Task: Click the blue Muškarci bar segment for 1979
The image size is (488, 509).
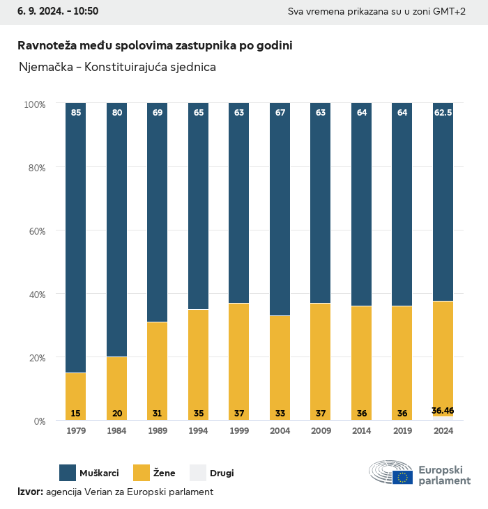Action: tap(76, 237)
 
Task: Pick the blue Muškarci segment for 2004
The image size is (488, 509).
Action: tap(280, 209)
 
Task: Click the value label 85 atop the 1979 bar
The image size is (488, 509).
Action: tap(76, 112)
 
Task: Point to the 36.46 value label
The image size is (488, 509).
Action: tap(443, 411)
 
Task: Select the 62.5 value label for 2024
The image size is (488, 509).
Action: tap(443, 112)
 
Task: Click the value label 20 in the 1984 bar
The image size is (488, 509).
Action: tap(117, 414)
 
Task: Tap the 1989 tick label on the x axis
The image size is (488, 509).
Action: tap(158, 431)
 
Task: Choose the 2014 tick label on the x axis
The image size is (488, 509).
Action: tap(362, 431)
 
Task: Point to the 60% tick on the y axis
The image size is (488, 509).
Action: tap(35, 231)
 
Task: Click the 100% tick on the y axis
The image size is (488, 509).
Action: tap(34, 104)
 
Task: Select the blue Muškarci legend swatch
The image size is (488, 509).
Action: tap(68, 473)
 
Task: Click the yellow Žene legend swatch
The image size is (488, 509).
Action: tap(142, 473)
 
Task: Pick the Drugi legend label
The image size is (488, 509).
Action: tap(222, 473)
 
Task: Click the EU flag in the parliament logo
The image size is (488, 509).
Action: tap(402, 477)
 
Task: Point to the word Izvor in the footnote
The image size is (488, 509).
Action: tap(30, 492)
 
